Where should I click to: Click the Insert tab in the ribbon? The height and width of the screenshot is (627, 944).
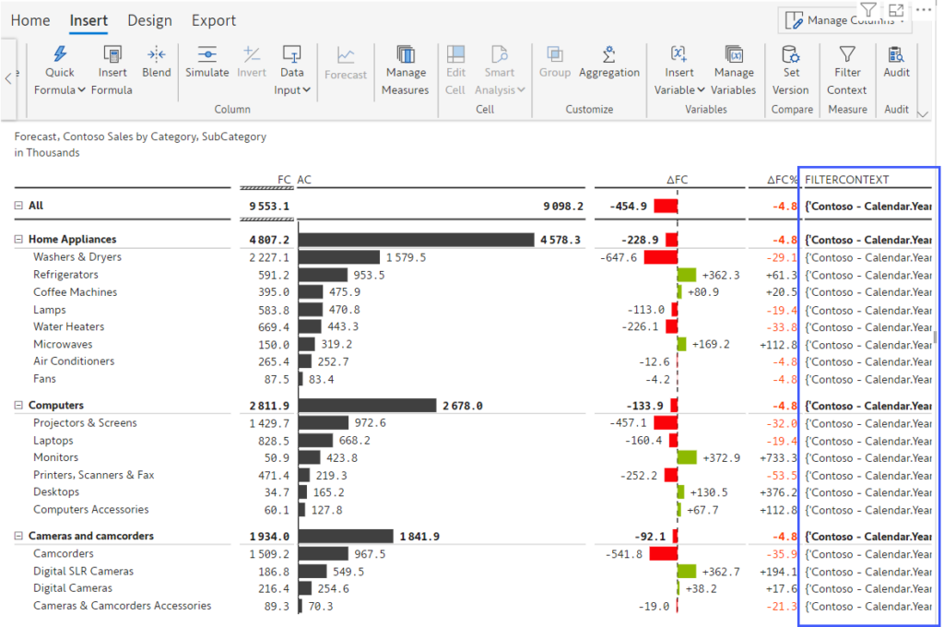click(x=88, y=20)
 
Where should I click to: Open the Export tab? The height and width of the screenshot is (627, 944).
click(x=214, y=20)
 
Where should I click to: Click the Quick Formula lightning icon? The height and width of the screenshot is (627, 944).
click(x=60, y=53)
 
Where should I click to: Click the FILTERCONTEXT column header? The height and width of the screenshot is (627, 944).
click(x=847, y=180)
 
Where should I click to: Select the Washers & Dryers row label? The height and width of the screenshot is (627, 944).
click(x=77, y=257)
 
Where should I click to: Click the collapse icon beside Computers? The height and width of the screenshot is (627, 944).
click(x=18, y=406)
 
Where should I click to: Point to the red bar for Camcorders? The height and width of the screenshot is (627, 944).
click(x=663, y=554)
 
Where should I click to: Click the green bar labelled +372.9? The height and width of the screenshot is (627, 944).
click(x=687, y=457)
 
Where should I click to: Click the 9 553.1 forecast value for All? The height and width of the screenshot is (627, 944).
click(x=269, y=207)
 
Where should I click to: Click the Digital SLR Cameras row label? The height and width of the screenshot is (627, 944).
click(x=83, y=572)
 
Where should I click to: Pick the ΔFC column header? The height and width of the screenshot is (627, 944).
click(x=677, y=180)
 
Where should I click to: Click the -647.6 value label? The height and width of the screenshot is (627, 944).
click(x=619, y=257)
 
